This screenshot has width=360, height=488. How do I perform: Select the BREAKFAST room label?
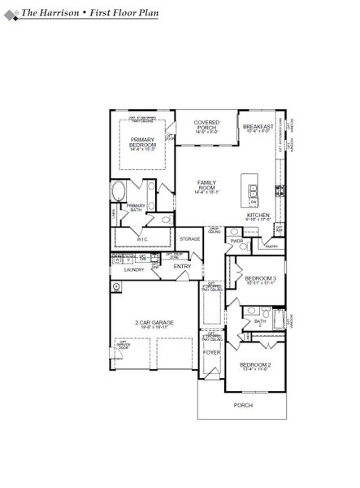258,127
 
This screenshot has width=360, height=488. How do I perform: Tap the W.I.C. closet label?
142,239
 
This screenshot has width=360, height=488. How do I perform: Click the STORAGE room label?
190,238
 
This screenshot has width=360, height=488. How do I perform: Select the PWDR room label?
237,242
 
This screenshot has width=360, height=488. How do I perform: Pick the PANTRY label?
271,246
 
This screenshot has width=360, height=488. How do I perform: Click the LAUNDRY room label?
134,269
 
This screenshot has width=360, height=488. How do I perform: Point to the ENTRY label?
182,266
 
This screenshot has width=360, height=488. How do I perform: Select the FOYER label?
211,352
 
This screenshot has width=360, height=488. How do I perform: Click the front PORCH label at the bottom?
243,404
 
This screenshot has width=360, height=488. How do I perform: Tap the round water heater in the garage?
118,286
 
